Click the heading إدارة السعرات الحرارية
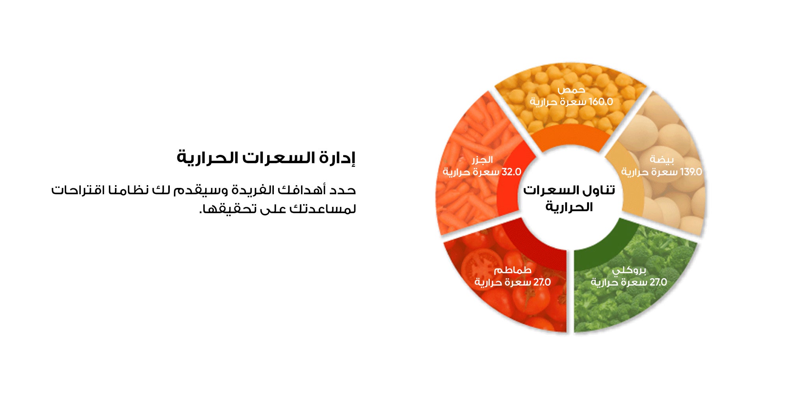click(266, 158)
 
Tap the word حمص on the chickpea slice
click(571, 90)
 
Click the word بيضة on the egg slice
click(662, 160)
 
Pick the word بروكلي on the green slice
click(629, 271)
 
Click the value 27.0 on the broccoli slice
click(658, 282)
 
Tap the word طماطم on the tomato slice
click(513, 270)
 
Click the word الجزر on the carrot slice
click(482, 160)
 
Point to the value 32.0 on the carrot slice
click(511, 172)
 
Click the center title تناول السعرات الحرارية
click(569, 198)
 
